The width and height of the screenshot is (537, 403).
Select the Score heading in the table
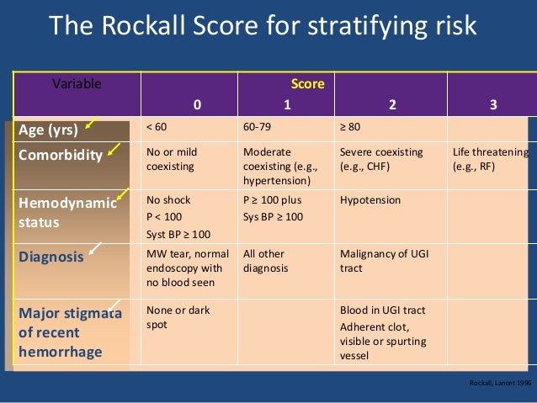[x=307, y=84]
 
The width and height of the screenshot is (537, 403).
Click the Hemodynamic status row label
[x=60, y=210]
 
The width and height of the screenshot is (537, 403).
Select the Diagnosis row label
[x=51, y=257]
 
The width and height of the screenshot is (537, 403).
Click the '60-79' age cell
[x=257, y=127]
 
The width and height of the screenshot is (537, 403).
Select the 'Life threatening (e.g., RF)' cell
[x=490, y=159]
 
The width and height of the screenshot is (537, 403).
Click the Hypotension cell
[x=370, y=201]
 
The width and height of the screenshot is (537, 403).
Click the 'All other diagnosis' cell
[x=265, y=261]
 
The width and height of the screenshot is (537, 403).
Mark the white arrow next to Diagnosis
[x=98, y=248]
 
